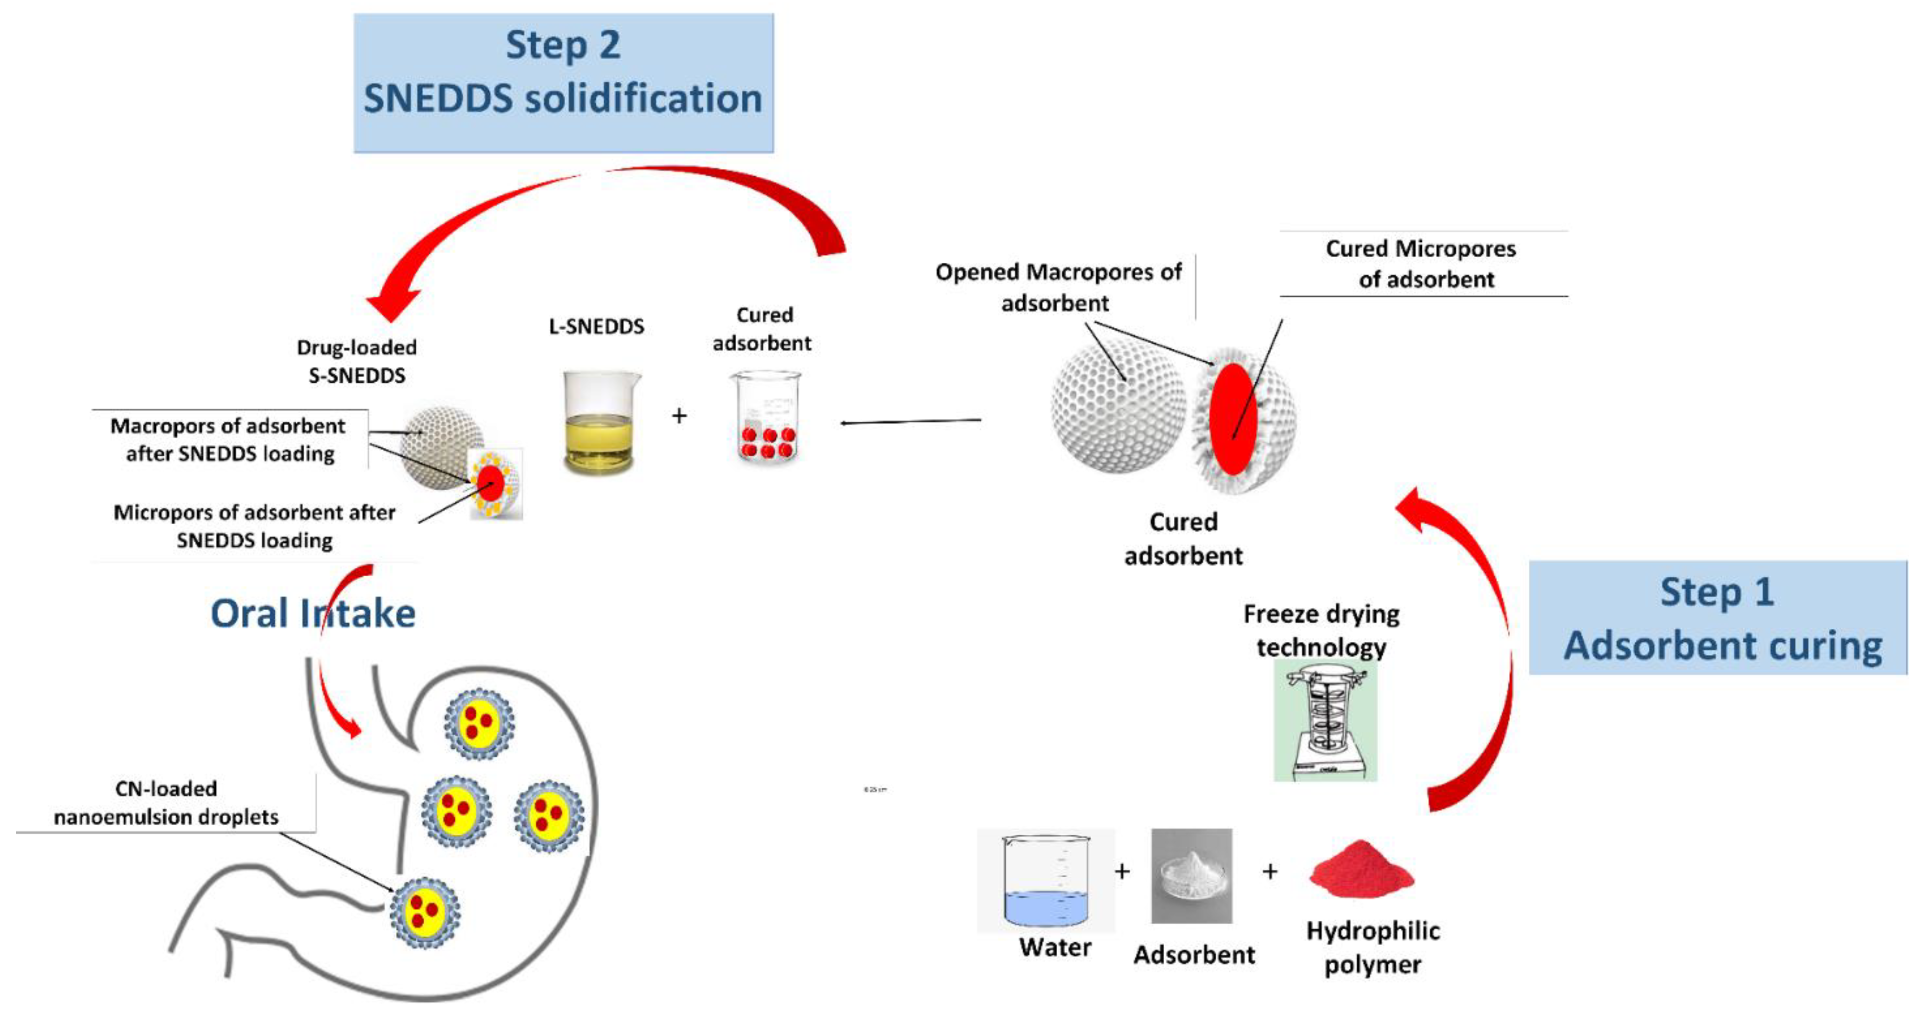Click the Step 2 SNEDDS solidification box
point(563,82)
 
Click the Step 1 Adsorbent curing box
point(1717,617)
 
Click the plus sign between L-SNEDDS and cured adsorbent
point(679,415)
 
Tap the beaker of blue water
point(1046,881)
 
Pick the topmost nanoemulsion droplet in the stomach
point(479,723)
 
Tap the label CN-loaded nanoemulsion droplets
point(165,802)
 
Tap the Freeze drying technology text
point(1321,630)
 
